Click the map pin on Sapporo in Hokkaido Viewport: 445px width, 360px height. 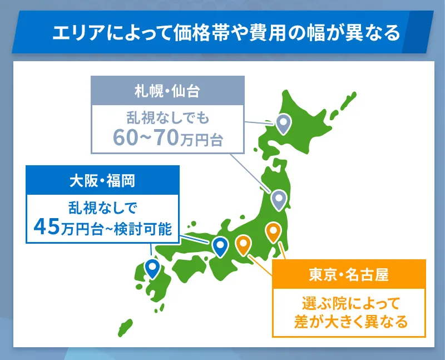coord(284,122)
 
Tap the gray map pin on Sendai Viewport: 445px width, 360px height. coord(278,198)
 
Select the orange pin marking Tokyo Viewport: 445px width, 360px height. coord(273,230)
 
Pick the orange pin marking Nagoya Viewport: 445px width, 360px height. coord(243,243)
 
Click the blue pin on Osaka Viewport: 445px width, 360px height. coord(220,245)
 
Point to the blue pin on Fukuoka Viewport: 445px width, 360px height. coord(152,267)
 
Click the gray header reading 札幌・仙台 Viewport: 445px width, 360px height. coord(167,89)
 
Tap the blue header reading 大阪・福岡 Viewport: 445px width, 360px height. coord(102,179)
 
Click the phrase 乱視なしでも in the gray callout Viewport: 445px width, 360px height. coord(167,119)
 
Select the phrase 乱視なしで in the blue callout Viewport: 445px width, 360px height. coord(102,208)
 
